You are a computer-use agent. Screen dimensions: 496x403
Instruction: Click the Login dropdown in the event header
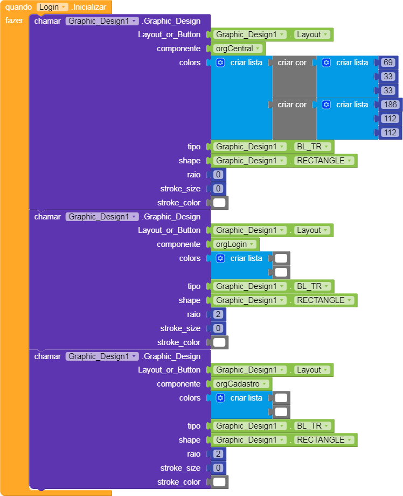coord(52,7)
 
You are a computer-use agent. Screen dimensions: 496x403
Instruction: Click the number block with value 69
coord(388,63)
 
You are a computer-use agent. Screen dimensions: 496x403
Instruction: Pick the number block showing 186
coord(391,105)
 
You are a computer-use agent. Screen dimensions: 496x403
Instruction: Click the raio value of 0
coord(218,175)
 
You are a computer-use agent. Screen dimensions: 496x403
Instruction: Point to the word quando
coord(19,7)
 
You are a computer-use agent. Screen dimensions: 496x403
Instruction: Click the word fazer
coord(14,21)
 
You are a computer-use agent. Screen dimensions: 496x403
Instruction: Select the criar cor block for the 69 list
coord(293,63)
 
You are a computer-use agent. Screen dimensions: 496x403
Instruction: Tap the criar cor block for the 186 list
coord(293,105)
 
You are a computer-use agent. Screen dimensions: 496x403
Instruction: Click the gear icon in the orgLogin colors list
coord(220,258)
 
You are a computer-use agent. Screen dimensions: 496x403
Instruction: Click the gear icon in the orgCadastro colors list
coord(220,398)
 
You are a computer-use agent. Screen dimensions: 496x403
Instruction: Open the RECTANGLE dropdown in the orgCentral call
coord(324,161)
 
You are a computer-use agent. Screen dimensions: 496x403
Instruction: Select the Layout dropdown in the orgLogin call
coord(312,230)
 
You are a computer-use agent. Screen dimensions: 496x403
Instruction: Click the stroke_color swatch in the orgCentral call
coord(219,203)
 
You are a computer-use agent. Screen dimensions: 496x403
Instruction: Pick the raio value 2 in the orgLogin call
coord(218,314)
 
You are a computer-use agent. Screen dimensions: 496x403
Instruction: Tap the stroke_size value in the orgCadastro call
coord(218,468)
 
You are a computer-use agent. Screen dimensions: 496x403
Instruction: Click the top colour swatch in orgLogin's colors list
coord(281,258)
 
